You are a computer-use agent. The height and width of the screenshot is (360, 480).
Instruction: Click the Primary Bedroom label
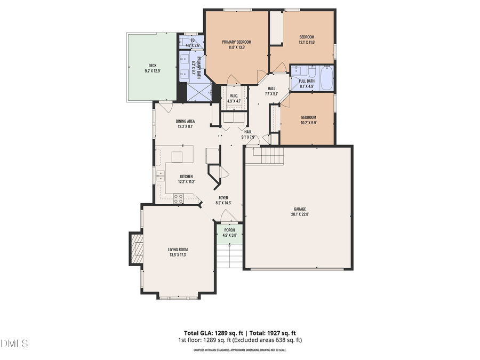pyautogui.click(x=236, y=42)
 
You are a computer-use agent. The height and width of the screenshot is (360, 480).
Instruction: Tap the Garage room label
pyautogui.click(x=300, y=209)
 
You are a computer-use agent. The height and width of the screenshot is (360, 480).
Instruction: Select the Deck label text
pyautogui.click(x=152, y=65)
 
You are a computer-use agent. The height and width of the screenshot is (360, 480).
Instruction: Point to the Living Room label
pyautogui.click(x=178, y=249)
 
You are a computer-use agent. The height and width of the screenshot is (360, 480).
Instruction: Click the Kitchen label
pyautogui.click(x=186, y=176)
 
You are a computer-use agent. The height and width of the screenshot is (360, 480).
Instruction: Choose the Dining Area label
pyautogui.click(x=185, y=121)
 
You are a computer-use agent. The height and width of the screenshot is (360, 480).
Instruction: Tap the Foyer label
pyautogui.click(x=223, y=197)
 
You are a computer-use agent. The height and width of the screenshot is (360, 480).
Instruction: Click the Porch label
pyautogui.click(x=229, y=230)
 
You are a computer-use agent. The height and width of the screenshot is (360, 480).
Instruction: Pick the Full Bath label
pyautogui.click(x=307, y=81)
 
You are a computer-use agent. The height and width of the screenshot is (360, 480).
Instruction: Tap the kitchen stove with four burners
pyautogui.click(x=178, y=198)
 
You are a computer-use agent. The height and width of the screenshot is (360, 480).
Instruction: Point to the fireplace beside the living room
pyautogui.click(x=135, y=248)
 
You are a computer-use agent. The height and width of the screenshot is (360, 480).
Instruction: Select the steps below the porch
pyautogui.click(x=229, y=255)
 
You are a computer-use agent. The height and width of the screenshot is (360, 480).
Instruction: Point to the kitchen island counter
pyautogui.click(x=177, y=156)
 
